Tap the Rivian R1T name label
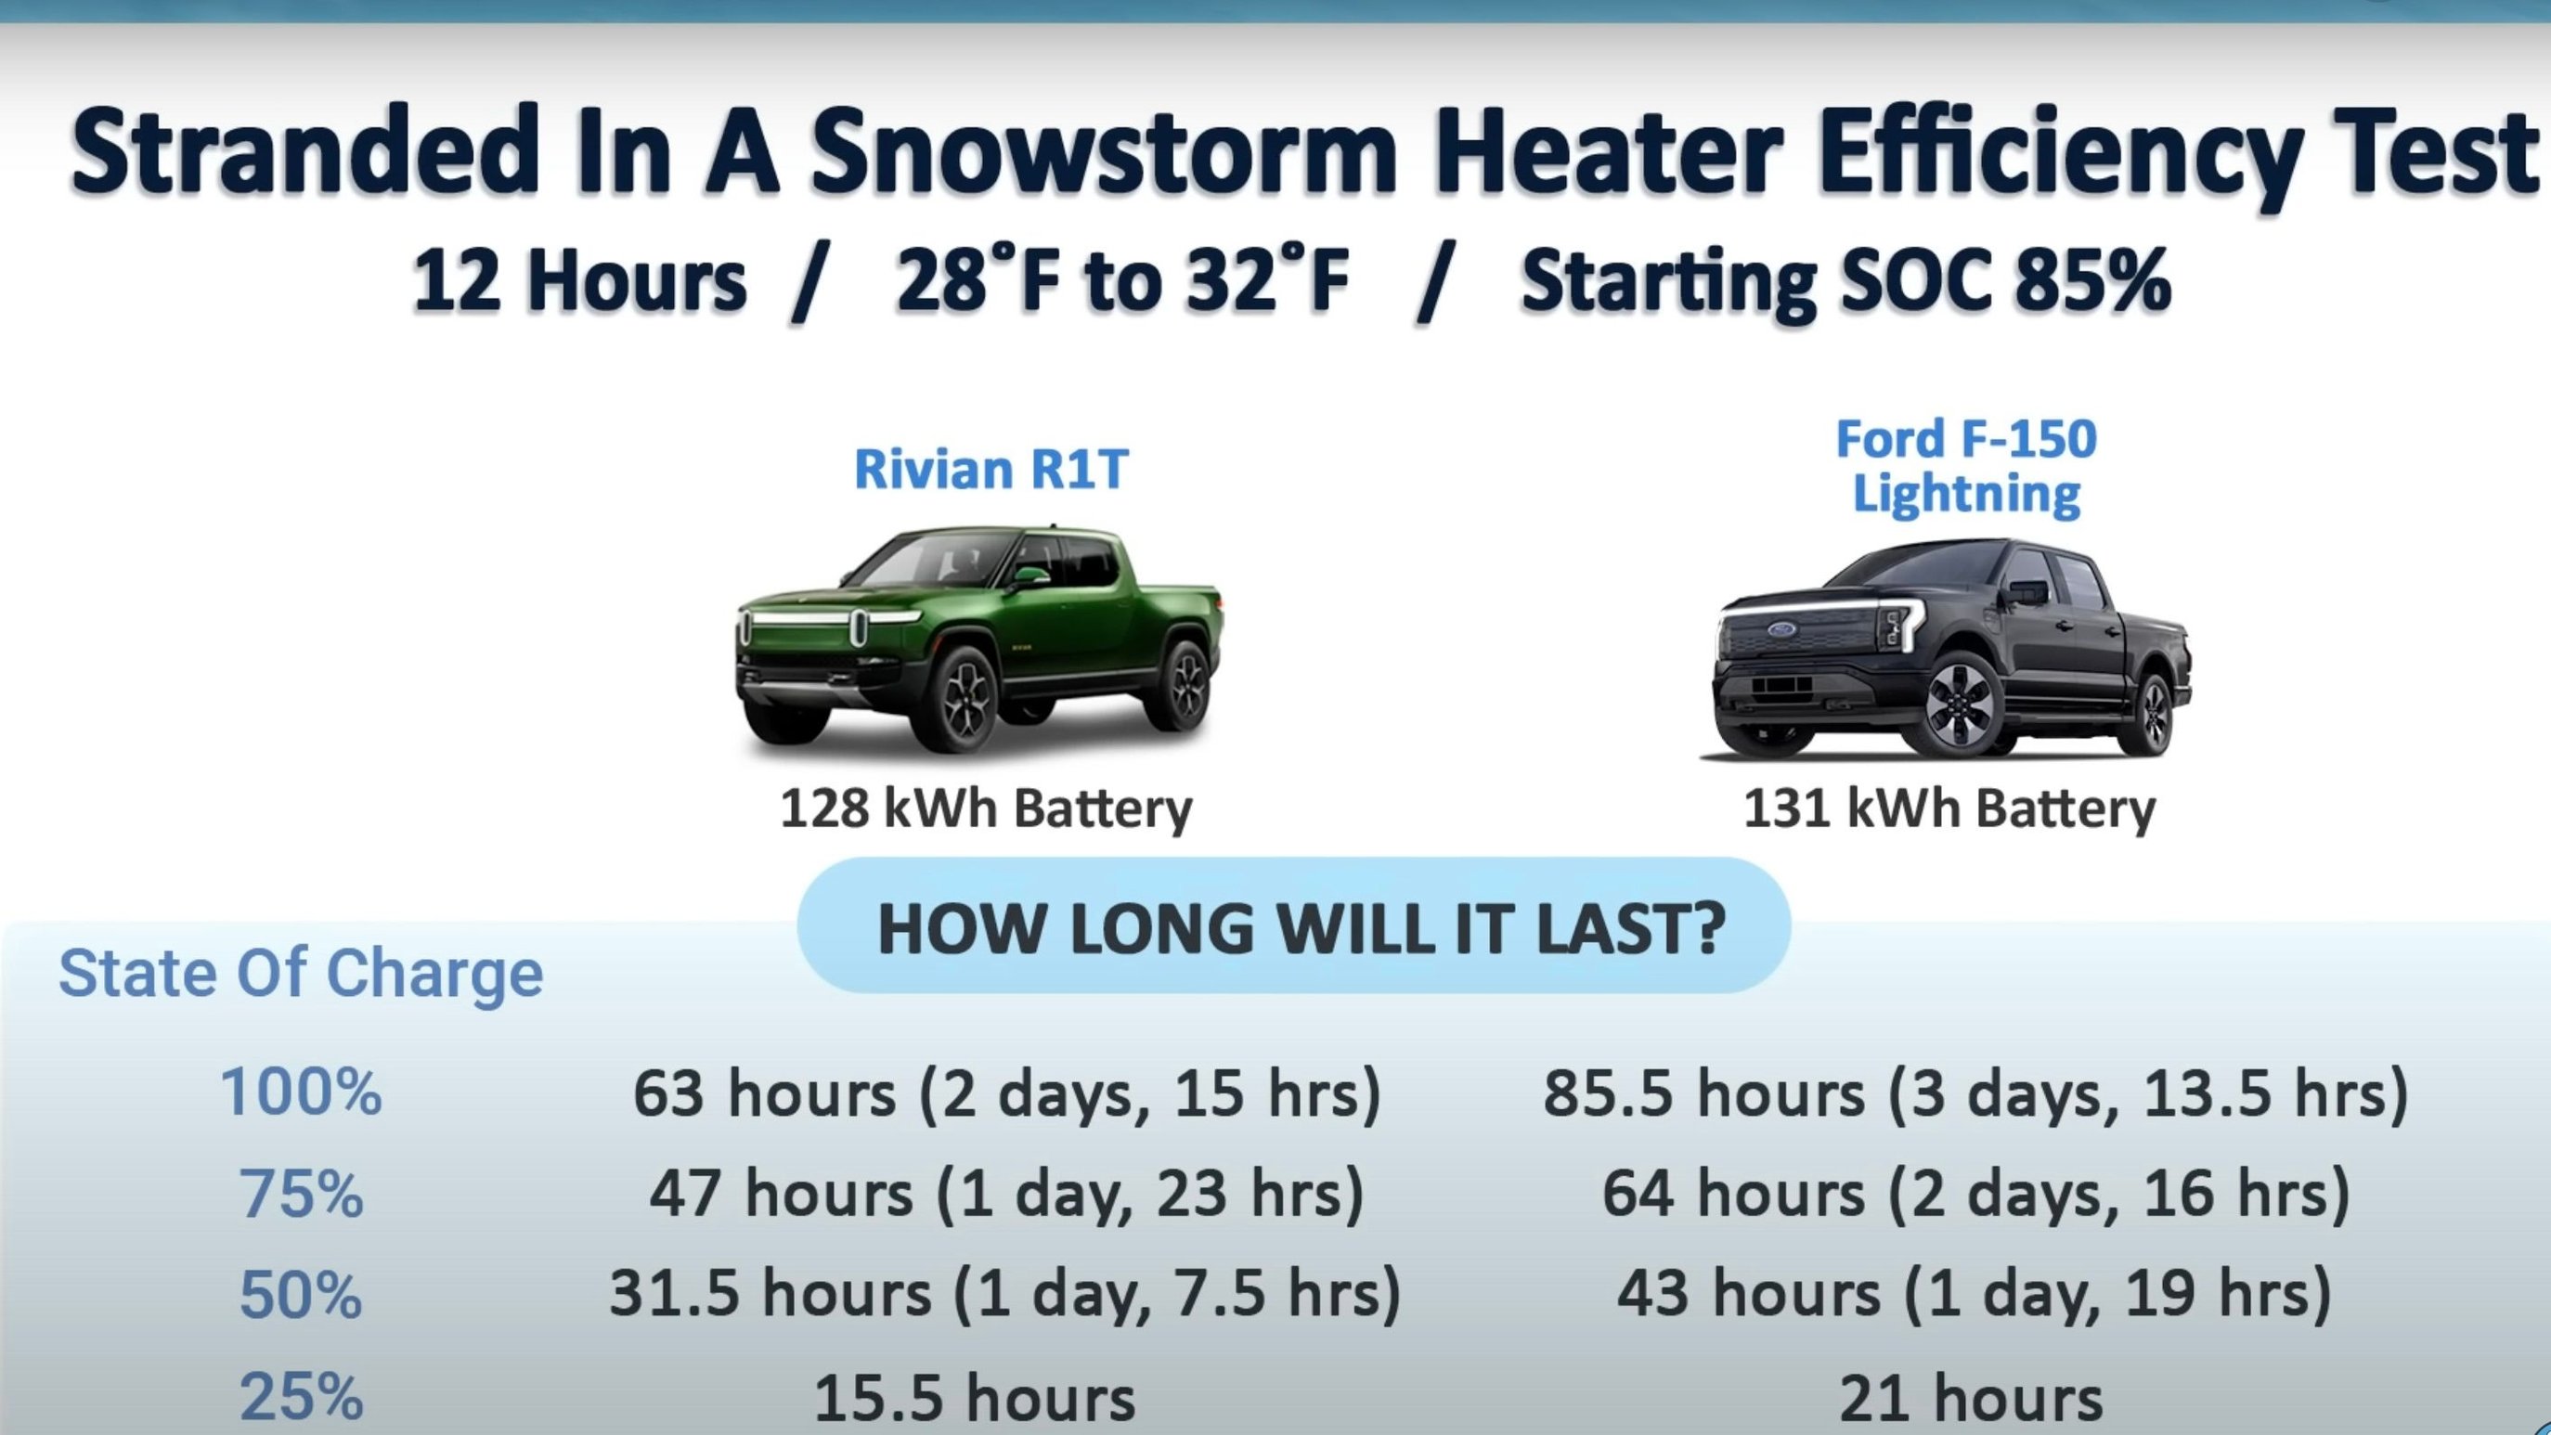pyautogui.click(x=991, y=469)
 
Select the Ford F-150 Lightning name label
pyautogui.click(x=1967, y=467)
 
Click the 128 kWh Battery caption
pyautogui.click(x=987, y=809)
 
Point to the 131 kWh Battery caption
pyautogui.click(x=1949, y=809)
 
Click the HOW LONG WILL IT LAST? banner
pyautogui.click(x=1294, y=926)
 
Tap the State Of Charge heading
pyautogui.click(x=301, y=974)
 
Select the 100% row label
pyautogui.click(x=301, y=1092)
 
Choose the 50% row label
pyautogui.click(x=301, y=1293)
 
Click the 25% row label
pyautogui.click(x=301, y=1397)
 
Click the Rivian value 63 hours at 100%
pyautogui.click(x=1007, y=1094)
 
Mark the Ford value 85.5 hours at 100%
pyautogui.click(x=1976, y=1094)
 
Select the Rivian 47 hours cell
pyautogui.click(x=1007, y=1194)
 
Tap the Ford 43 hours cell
pyautogui.click(x=1975, y=1293)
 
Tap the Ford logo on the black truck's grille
pyautogui.click(x=1781, y=631)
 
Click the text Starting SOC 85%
pyautogui.click(x=1845, y=281)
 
